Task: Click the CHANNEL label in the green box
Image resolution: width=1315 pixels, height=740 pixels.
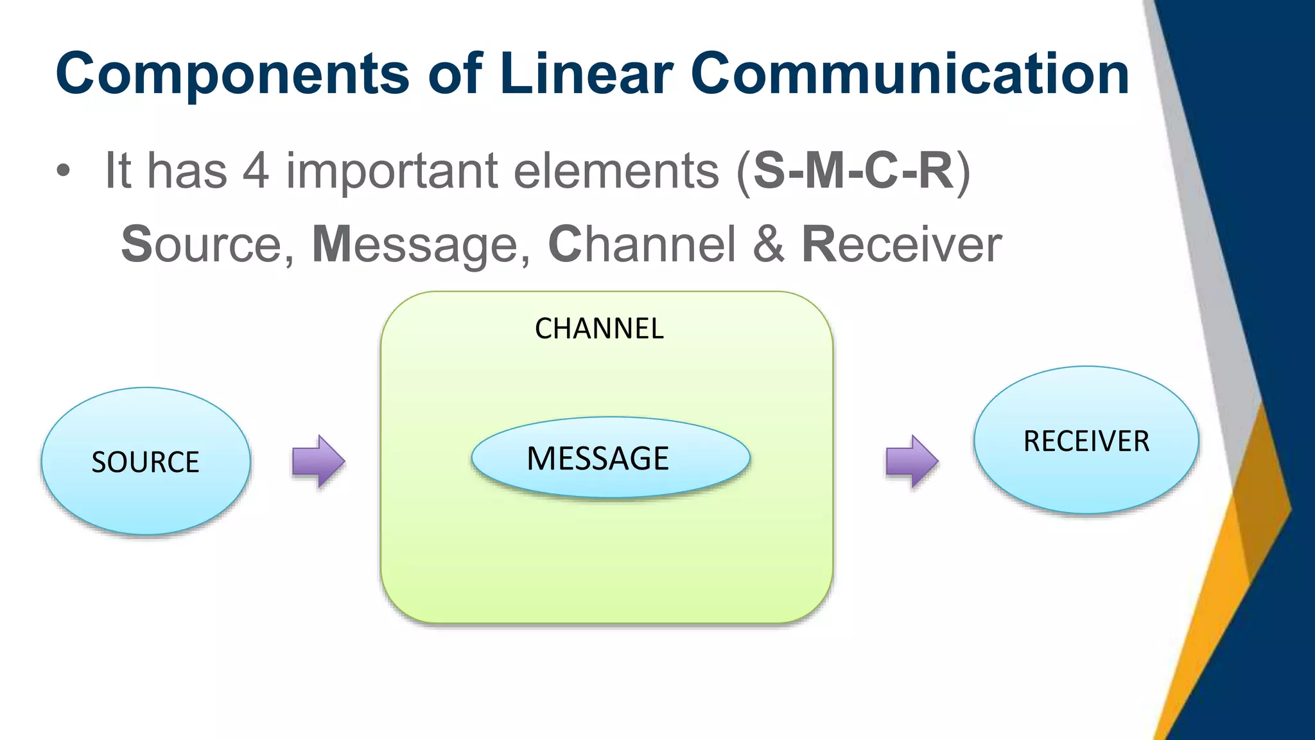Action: click(599, 329)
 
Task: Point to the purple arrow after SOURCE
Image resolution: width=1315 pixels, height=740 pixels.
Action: click(318, 461)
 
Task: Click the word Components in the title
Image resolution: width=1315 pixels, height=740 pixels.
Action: click(232, 75)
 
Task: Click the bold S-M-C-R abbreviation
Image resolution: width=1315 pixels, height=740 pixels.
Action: click(853, 171)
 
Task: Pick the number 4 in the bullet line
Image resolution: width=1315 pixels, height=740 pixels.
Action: click(256, 171)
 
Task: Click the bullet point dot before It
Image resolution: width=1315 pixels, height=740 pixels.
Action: click(62, 172)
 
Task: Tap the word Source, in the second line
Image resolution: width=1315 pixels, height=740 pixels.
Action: click(207, 245)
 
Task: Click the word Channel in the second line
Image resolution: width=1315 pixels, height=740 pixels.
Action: click(641, 245)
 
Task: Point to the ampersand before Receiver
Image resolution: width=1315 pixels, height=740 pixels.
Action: click(769, 245)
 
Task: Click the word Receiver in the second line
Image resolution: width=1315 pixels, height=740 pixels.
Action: click(901, 245)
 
